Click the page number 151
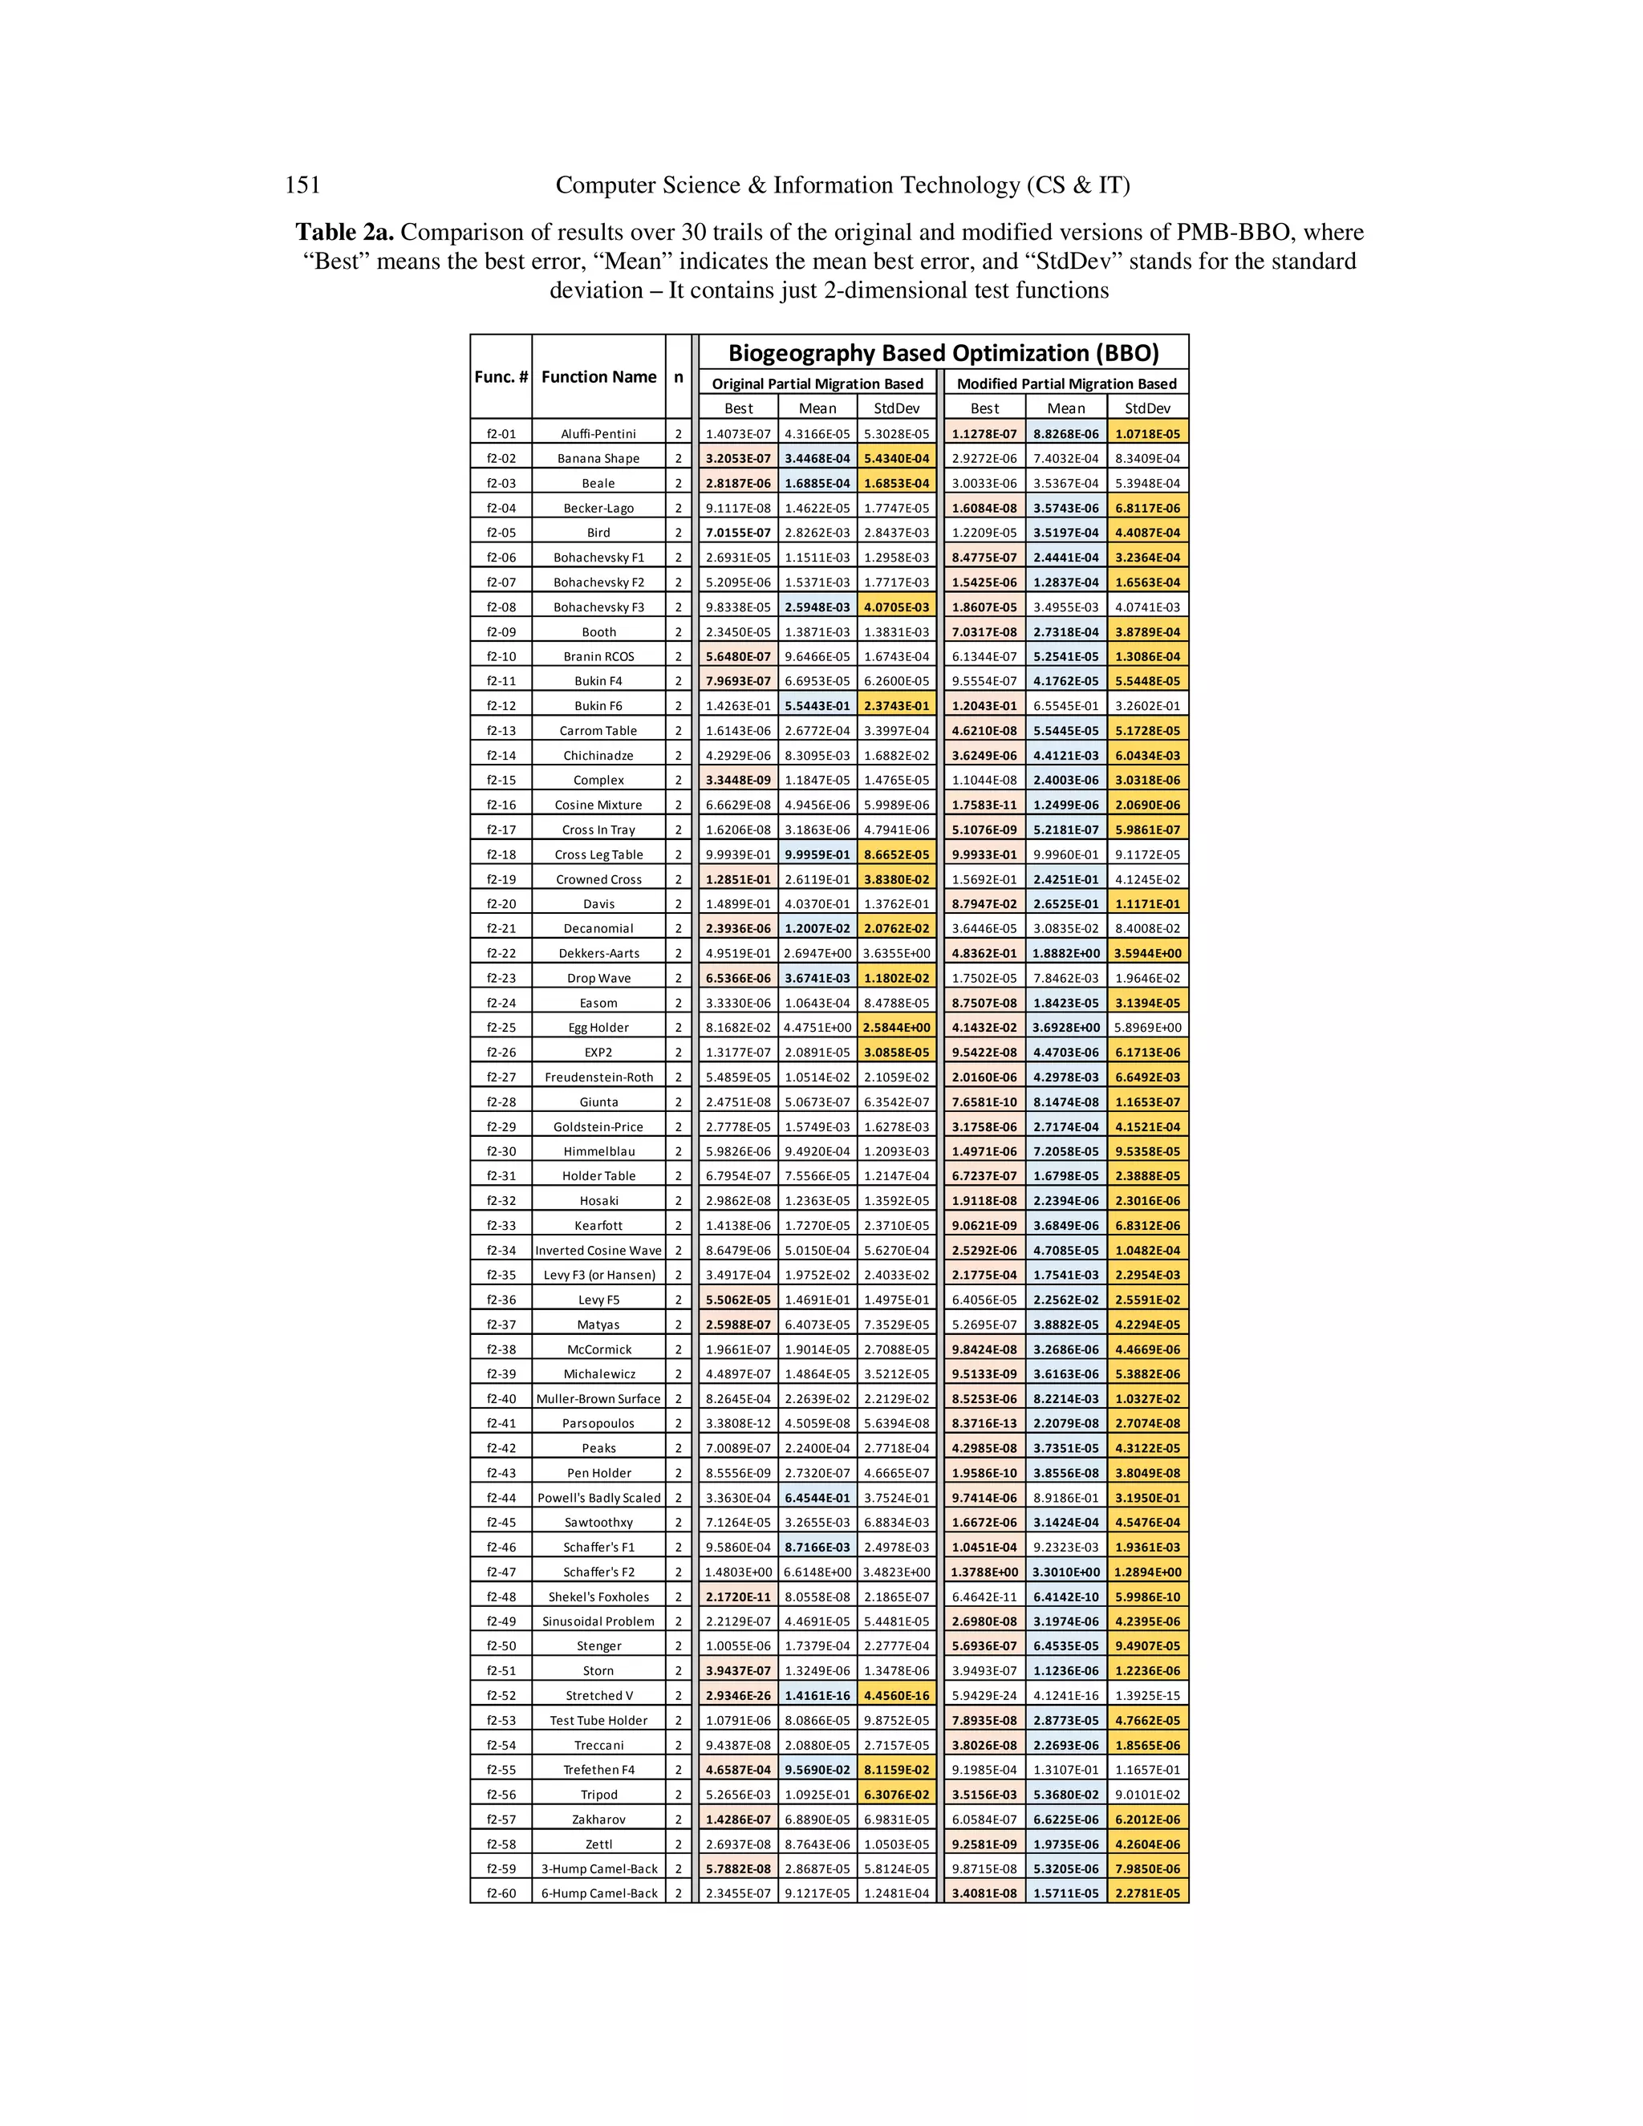point(302,185)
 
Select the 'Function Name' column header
point(598,377)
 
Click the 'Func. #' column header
point(501,377)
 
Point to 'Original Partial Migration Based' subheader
point(817,383)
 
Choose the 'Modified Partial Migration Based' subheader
point(1066,383)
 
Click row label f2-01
point(501,434)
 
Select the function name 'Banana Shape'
point(598,458)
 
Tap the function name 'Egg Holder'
point(598,1027)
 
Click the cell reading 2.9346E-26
point(738,1694)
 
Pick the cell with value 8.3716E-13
point(984,1423)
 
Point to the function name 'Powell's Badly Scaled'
point(598,1497)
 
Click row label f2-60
point(501,1893)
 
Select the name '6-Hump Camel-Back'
point(598,1893)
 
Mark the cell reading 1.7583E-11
point(984,805)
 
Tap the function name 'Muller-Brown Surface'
point(598,1399)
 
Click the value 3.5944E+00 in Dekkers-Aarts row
point(1147,953)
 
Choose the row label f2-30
point(501,1150)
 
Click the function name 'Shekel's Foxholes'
point(598,1597)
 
